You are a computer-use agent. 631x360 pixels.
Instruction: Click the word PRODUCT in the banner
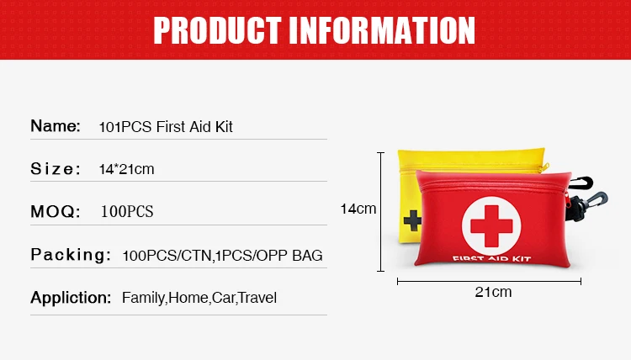point(215,29)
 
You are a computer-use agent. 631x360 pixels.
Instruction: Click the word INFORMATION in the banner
point(383,29)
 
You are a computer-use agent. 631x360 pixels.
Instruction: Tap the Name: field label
point(55,126)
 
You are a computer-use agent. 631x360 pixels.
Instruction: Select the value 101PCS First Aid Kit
point(165,127)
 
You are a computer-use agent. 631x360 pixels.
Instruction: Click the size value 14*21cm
point(126,169)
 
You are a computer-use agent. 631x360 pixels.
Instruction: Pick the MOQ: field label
point(55,210)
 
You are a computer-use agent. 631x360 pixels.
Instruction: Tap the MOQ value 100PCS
point(127,211)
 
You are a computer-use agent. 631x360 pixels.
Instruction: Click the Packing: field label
point(71,254)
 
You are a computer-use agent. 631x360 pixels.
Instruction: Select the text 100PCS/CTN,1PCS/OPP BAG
point(222,255)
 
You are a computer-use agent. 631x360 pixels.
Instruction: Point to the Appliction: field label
point(71,297)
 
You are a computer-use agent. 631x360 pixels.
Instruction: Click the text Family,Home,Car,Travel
point(199,298)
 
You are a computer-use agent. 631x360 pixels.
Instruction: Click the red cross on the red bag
point(490,221)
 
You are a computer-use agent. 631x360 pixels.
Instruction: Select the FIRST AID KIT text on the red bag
point(490,257)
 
